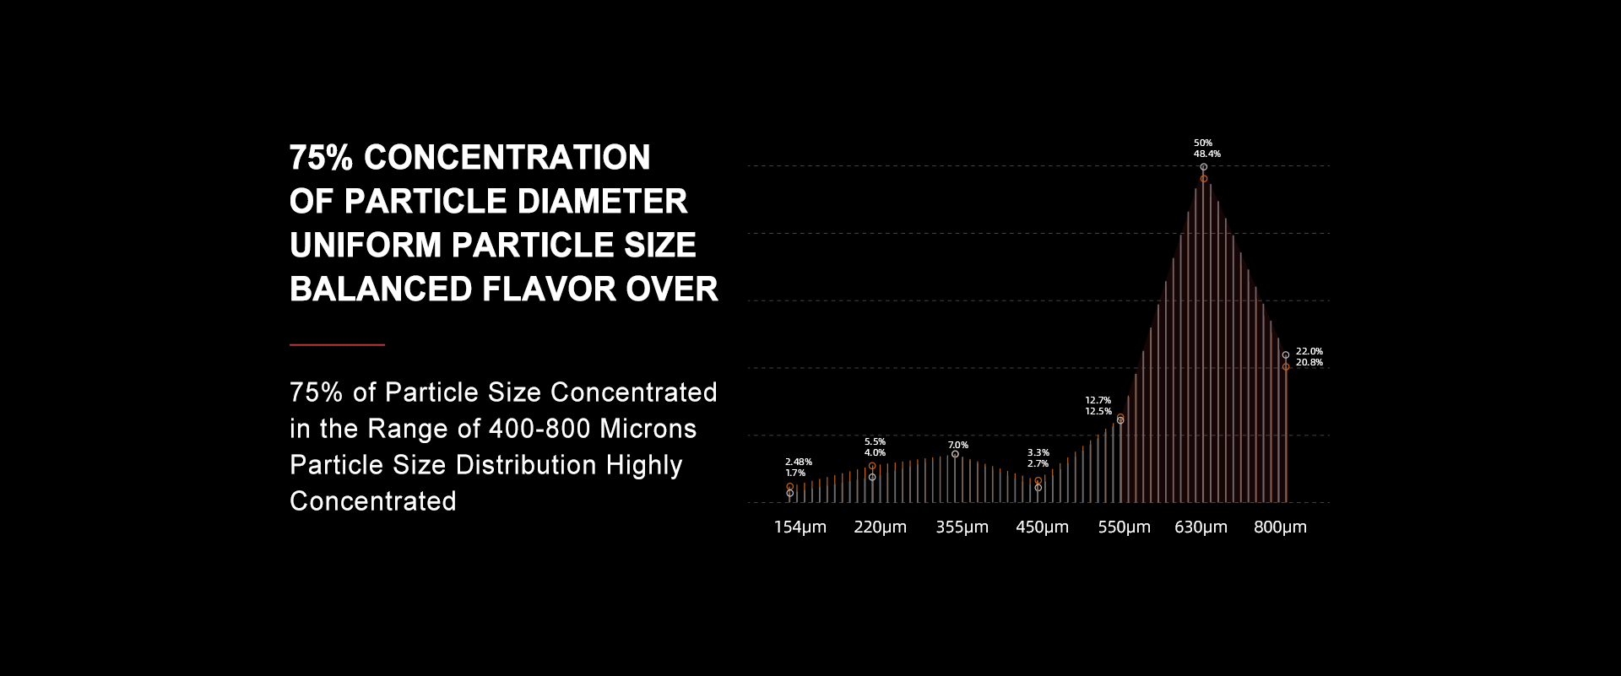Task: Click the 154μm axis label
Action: click(800, 527)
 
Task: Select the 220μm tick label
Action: click(880, 527)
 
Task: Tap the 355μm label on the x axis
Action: click(962, 527)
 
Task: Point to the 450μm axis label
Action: click(1042, 527)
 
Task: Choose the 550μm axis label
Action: click(1124, 527)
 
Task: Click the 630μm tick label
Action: click(1201, 527)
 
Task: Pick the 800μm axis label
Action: click(1280, 527)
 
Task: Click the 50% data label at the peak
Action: click(1203, 143)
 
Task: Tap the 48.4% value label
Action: click(1206, 154)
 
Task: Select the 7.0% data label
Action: click(958, 445)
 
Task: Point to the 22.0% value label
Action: click(1309, 351)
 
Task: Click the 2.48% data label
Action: click(799, 462)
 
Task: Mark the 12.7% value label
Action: click(1098, 400)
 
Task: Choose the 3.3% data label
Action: click(1038, 452)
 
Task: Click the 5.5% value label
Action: click(876, 441)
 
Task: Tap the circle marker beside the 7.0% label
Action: click(955, 454)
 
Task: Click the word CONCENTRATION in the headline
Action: click(507, 158)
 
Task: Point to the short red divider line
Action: click(337, 344)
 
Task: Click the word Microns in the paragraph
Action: click(648, 429)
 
